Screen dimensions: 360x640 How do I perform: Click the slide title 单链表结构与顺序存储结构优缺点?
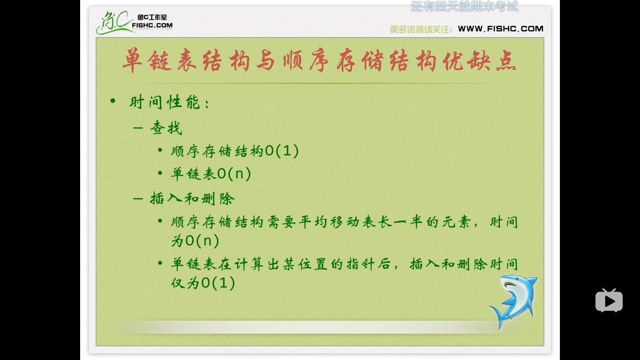tap(319, 61)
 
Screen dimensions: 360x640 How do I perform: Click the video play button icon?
tap(609, 300)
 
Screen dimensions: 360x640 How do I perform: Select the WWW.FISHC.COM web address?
tap(500, 29)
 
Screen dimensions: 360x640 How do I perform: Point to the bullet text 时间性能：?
tap(169, 102)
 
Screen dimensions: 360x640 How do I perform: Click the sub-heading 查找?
tap(166, 128)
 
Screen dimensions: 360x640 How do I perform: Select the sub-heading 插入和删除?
tap(192, 198)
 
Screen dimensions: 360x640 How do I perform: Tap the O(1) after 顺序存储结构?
tap(282, 151)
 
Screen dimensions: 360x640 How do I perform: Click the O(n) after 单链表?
tap(234, 174)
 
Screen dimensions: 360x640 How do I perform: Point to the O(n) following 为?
tap(202, 241)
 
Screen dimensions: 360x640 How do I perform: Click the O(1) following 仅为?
tap(218, 283)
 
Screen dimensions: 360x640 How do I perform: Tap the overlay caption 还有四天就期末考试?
tap(464, 7)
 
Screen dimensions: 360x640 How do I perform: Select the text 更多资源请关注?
tap(421, 30)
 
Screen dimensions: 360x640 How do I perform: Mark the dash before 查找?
tap(138, 127)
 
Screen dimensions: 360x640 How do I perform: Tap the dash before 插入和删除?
tap(138, 198)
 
